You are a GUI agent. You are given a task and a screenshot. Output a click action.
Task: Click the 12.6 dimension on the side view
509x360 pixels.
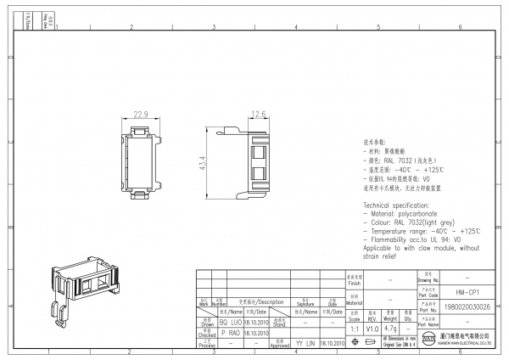[x=259, y=114]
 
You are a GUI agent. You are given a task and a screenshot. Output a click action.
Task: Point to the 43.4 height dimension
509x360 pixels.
[x=202, y=160]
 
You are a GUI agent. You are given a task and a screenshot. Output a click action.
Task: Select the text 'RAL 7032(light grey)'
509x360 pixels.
[x=425, y=222]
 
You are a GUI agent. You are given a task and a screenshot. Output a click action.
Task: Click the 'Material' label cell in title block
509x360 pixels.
[x=354, y=301]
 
